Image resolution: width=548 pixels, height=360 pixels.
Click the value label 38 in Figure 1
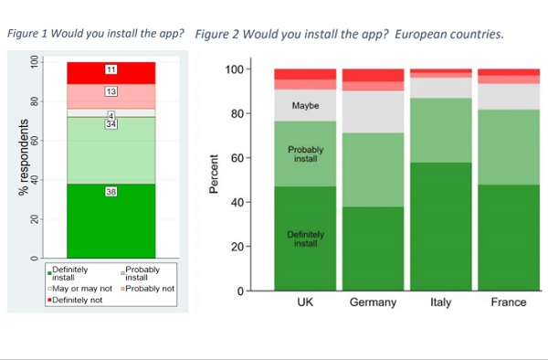pos(111,192)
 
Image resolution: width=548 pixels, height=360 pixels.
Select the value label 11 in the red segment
pos(111,69)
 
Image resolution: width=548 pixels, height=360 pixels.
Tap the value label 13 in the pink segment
pos(111,91)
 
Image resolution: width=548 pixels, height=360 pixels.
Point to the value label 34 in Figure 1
pos(111,124)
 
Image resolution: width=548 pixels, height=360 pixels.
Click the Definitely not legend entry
pos(75,300)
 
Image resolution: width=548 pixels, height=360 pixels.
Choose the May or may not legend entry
pos(79,289)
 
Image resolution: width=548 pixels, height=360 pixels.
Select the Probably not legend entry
pos(147,289)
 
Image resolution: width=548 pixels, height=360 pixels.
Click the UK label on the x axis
pos(305,302)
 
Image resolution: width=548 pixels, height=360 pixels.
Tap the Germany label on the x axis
pos(373,302)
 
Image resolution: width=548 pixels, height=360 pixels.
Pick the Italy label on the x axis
pos(441,302)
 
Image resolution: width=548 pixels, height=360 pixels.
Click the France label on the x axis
pos(509,302)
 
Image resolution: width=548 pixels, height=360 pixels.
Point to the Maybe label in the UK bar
pos(305,106)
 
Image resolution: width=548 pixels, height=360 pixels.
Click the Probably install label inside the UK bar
pos(305,154)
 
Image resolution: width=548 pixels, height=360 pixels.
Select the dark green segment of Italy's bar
pos(441,227)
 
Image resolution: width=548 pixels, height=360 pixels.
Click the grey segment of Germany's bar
pos(373,111)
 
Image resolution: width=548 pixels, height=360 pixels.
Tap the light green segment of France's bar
pos(509,147)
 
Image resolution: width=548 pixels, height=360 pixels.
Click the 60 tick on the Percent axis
pos(237,158)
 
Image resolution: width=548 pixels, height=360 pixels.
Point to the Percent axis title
pos(214,174)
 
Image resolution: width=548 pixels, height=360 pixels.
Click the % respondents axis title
pos(24,157)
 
